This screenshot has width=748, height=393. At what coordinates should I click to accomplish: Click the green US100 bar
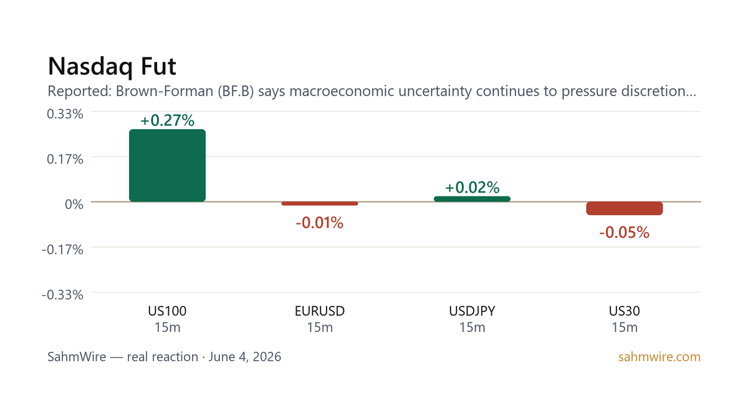[x=167, y=165]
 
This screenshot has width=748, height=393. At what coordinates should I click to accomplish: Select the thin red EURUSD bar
[x=320, y=203]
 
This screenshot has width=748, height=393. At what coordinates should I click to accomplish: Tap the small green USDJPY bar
[x=472, y=199]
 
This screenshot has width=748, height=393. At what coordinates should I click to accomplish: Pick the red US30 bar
[x=625, y=208]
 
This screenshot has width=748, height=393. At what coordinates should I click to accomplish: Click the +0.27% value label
[x=167, y=120]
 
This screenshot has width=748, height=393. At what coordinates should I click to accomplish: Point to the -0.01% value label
[x=320, y=223]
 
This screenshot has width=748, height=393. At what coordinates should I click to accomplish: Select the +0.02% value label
[x=472, y=188]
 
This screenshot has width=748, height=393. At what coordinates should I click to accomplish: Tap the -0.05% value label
[x=625, y=233]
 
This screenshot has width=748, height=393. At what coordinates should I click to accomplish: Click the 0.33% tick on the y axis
[x=65, y=114]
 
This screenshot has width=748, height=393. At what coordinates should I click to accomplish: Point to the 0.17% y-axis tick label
[x=65, y=159]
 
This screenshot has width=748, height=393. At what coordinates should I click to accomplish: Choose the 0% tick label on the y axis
[x=74, y=204]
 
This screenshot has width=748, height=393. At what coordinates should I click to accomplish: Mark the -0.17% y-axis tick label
[x=62, y=250]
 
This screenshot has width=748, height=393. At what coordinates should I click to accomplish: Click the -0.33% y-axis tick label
[x=62, y=294]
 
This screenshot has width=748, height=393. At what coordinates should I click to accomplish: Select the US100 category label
[x=167, y=311]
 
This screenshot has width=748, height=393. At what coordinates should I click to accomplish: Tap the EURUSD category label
[x=320, y=311]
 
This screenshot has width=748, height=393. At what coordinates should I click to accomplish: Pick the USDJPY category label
[x=472, y=311]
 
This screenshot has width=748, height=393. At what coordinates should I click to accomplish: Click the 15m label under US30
[x=625, y=327]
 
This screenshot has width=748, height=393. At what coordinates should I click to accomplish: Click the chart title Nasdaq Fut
[x=112, y=67]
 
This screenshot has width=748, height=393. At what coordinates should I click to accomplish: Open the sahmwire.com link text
[x=659, y=357]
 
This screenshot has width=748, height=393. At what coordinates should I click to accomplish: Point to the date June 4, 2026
[x=245, y=357]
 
